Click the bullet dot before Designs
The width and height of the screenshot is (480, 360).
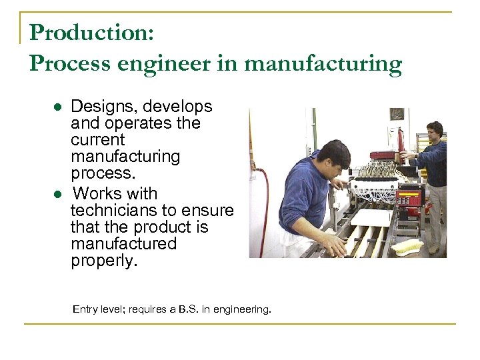click(59, 107)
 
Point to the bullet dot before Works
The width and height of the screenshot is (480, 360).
click(59, 194)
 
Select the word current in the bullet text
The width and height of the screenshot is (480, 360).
click(97, 141)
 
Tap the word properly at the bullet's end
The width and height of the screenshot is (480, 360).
click(103, 261)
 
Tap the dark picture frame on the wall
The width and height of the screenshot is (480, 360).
click(397, 114)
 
